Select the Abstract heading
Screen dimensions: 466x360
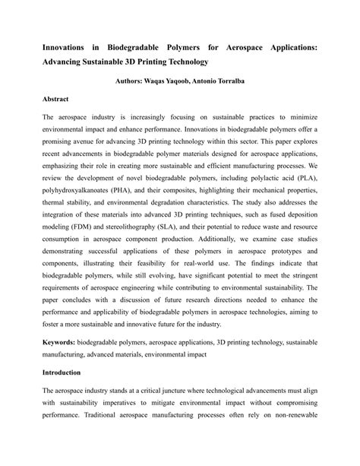pos(57,99)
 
